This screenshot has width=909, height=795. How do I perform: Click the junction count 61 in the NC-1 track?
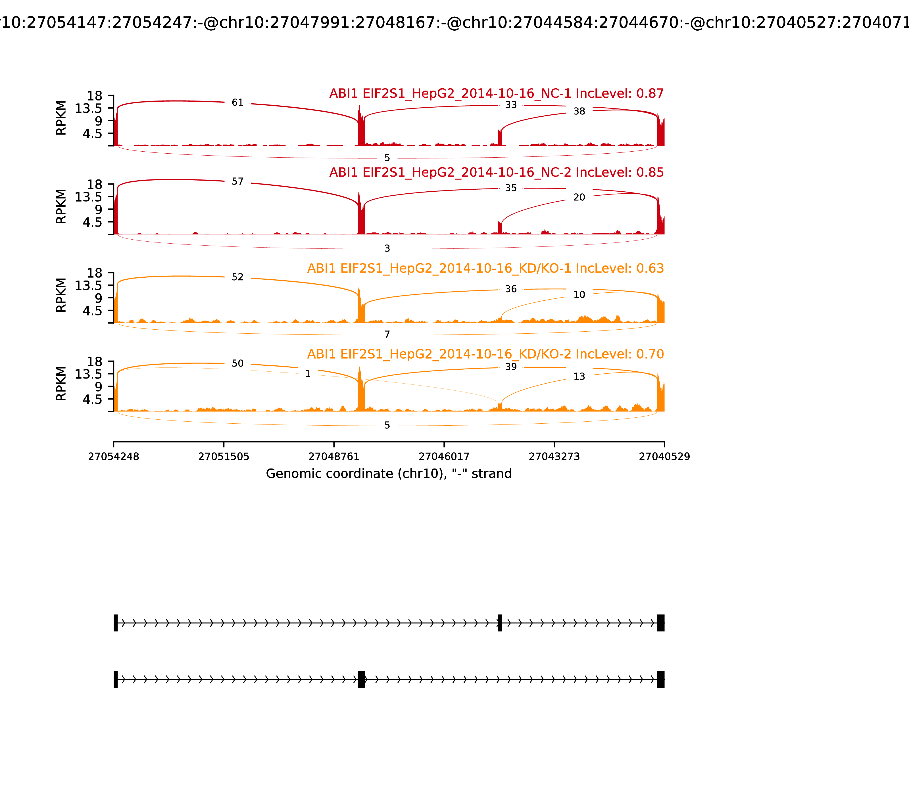pos(237,103)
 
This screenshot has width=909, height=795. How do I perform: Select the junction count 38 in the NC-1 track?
pos(579,111)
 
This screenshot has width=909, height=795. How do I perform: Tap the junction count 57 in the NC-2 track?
pos(237,181)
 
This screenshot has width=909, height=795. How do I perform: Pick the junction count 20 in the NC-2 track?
pos(579,197)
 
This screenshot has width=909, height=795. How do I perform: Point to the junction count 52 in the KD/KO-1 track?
pos(237,277)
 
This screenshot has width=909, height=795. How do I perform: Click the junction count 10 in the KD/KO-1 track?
pos(579,295)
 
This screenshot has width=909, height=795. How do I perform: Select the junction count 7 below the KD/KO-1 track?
pos(387,334)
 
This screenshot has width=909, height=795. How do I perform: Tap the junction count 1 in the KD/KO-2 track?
pos(308,374)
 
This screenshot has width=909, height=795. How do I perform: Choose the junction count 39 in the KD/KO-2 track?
pos(511,367)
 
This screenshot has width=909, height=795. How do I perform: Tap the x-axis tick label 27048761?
pos(334,457)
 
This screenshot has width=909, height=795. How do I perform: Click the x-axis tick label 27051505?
pos(224,457)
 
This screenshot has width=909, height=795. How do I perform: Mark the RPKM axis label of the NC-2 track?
pos(61,207)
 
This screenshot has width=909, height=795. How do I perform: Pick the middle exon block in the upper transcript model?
pos(500,623)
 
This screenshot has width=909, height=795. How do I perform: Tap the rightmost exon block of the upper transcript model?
pos(660,623)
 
